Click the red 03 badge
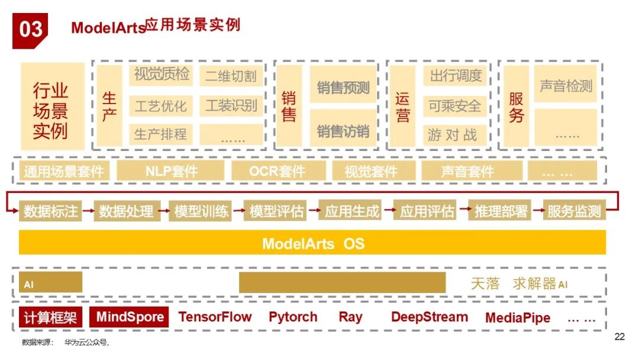30,29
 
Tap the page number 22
619,337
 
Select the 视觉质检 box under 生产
161,75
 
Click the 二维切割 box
231,76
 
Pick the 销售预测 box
343,88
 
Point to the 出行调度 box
455,76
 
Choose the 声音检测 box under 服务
565,86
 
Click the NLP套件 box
171,171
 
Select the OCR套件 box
277,171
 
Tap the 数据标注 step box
50,211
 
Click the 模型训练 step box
201,211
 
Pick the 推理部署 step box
501,211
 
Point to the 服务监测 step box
574,211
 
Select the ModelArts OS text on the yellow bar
313,243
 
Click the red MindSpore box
129,317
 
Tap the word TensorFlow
215,317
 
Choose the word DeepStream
429,317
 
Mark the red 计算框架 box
50,317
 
